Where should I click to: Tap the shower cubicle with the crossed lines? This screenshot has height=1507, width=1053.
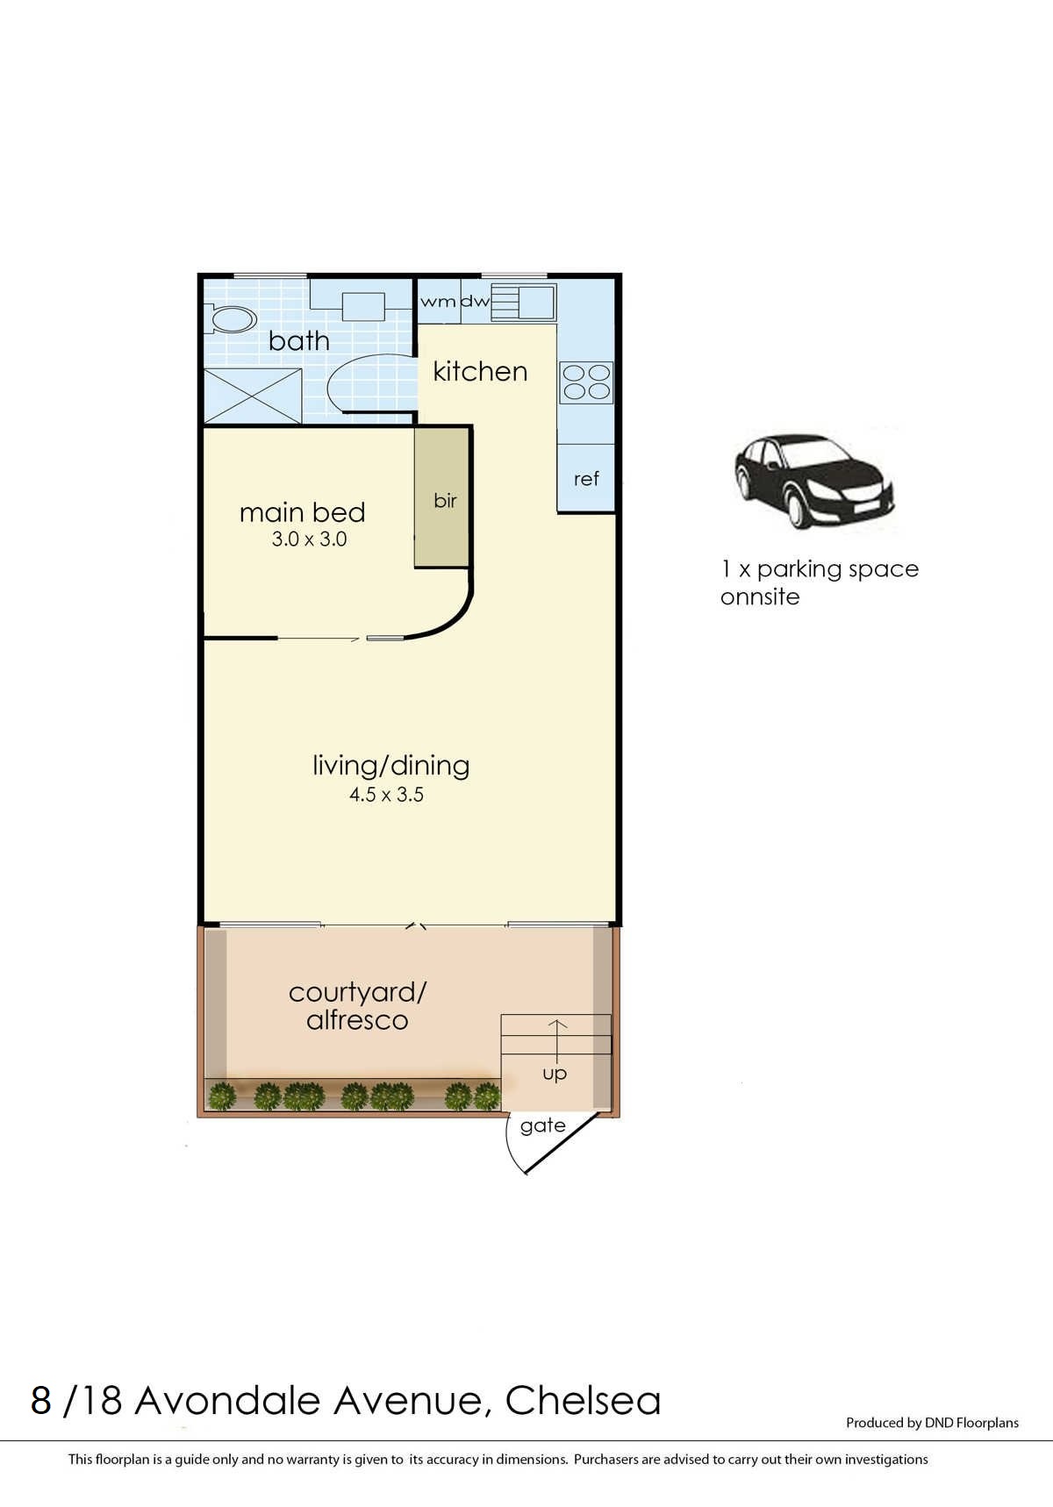coord(253,396)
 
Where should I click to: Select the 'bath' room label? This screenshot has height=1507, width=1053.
coord(299,340)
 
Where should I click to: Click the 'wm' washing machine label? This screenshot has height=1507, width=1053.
coord(438,302)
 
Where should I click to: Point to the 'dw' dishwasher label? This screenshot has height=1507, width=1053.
coord(475,302)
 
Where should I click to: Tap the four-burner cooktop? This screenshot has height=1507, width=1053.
coord(586,382)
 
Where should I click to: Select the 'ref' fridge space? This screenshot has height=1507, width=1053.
coord(585,479)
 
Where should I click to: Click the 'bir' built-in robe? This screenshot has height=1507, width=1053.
coord(445,501)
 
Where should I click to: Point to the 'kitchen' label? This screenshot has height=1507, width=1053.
coord(480,371)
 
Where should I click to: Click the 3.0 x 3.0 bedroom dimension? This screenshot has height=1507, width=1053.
coord(309,539)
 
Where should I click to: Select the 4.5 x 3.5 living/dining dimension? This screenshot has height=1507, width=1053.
coord(386,795)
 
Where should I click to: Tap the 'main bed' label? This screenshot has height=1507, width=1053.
coord(302,512)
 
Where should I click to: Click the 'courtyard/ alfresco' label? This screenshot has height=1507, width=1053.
coord(357,1006)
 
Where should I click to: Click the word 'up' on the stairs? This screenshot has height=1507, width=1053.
coord(555,1073)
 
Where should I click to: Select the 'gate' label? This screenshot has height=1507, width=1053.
coord(542,1125)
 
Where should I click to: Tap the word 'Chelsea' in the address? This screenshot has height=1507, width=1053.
coord(583,1401)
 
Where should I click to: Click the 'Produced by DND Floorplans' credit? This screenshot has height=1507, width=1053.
coord(932,1423)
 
